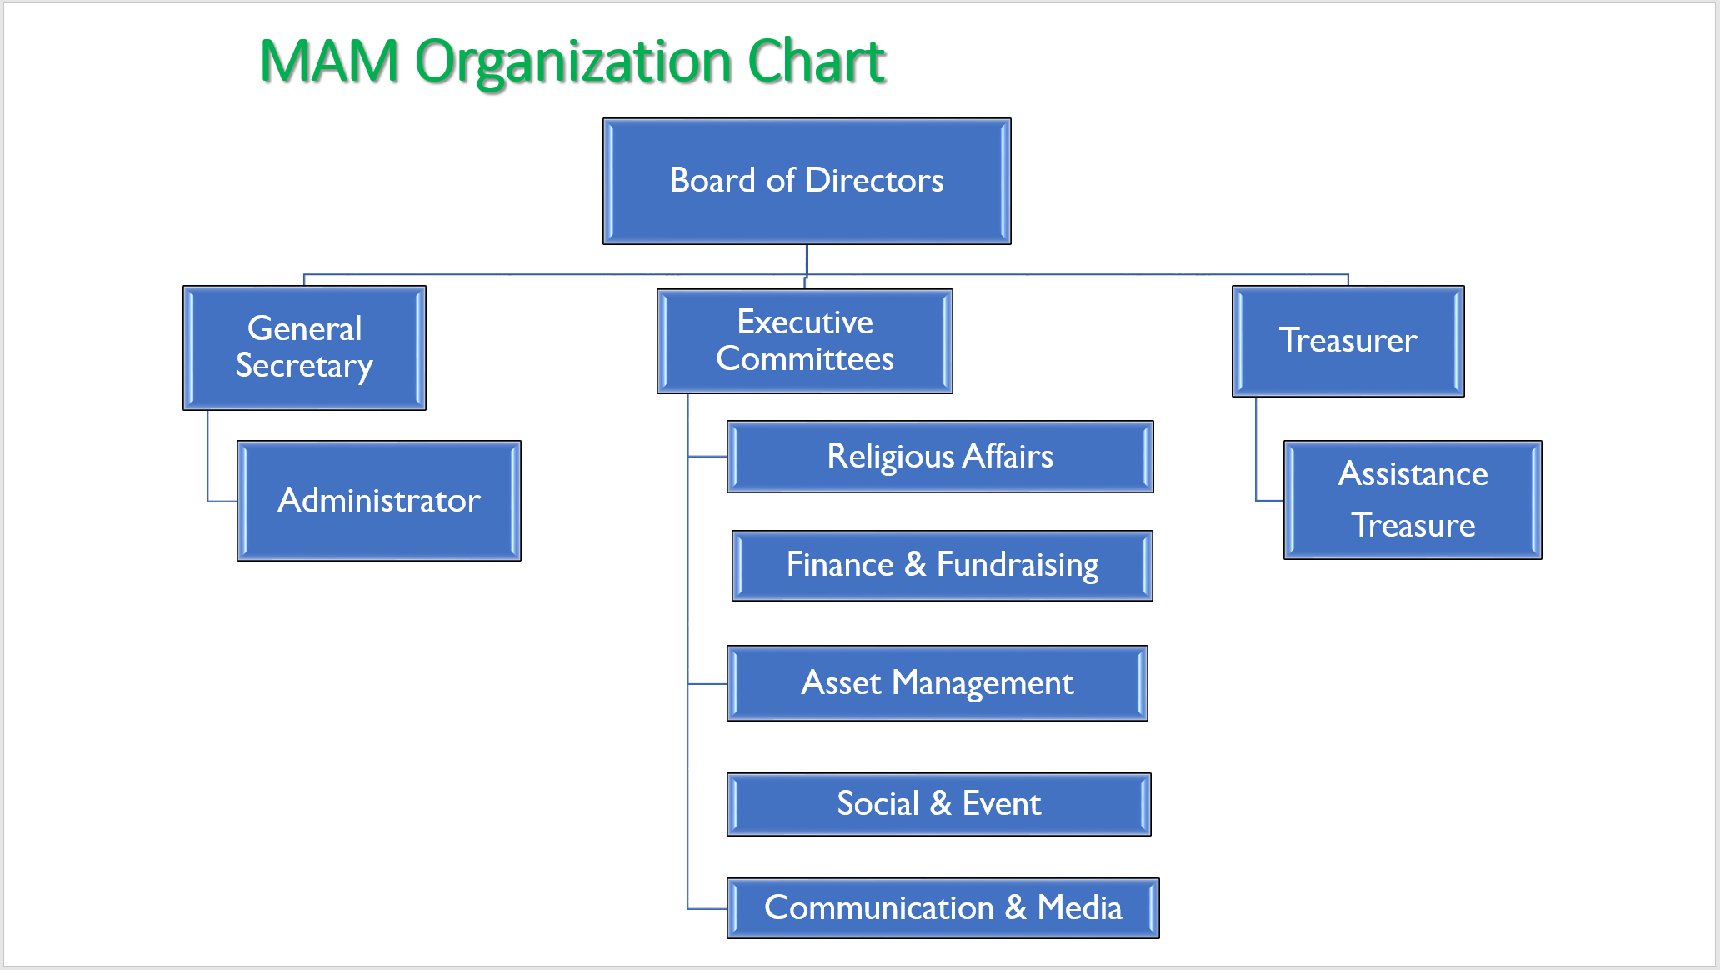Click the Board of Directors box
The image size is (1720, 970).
[807, 181]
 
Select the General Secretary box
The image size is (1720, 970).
[304, 347]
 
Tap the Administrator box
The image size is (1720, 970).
[379, 500]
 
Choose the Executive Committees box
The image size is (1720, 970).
[805, 341]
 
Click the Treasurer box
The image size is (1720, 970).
[1348, 341]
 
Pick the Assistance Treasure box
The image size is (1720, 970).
[1412, 499]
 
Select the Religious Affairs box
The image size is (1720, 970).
[940, 457]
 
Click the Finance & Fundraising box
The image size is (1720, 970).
[942, 565]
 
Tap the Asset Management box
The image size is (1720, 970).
[937, 683]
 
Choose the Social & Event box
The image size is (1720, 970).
[939, 804]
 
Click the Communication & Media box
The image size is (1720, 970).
[943, 907]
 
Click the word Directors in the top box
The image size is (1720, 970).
[875, 180]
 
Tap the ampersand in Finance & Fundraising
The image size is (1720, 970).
[915, 564]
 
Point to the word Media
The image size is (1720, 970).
[1080, 907]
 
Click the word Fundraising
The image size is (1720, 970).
[1017, 565]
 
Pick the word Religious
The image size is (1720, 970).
[891, 457]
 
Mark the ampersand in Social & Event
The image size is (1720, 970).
[941, 803]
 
